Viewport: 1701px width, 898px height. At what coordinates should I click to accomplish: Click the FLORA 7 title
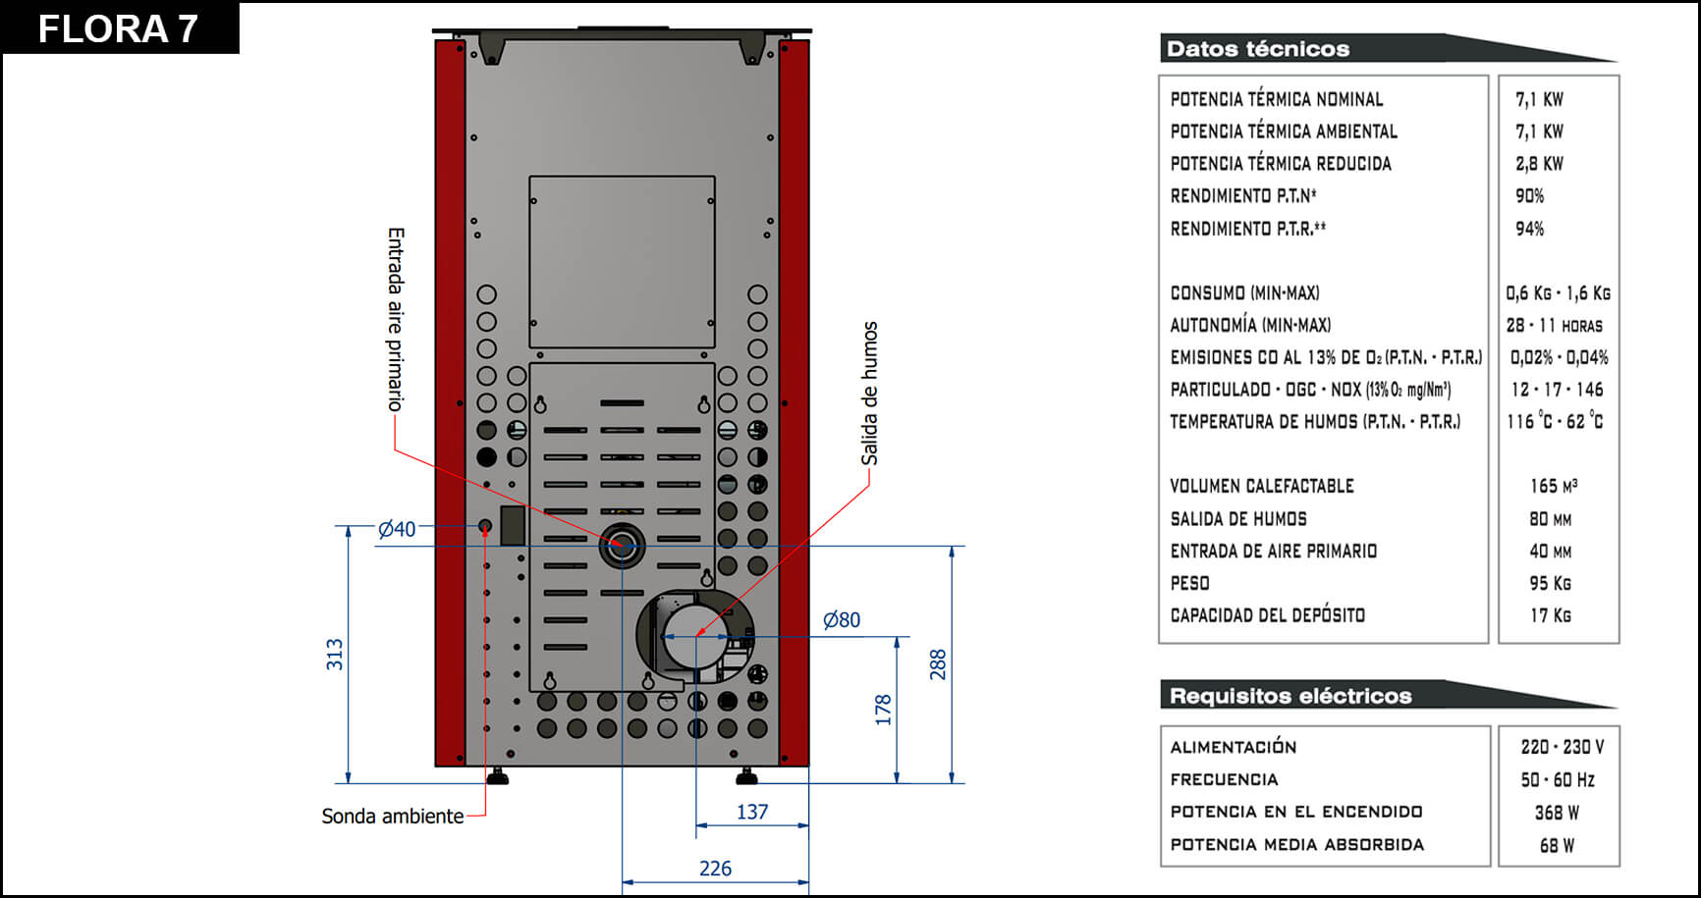pyautogui.click(x=118, y=28)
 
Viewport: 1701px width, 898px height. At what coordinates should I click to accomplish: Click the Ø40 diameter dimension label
pyautogui.click(x=397, y=529)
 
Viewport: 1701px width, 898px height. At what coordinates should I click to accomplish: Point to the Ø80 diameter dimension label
pyautogui.click(x=841, y=620)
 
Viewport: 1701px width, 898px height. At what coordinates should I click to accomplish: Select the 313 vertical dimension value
pyautogui.click(x=335, y=655)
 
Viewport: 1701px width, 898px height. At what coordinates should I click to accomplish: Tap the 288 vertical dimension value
pyautogui.click(x=938, y=664)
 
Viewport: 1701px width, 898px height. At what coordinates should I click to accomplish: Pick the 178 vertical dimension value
pyautogui.click(x=883, y=710)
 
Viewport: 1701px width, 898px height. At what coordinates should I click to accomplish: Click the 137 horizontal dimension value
pyautogui.click(x=752, y=812)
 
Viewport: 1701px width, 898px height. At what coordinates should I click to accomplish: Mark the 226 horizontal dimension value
pyautogui.click(x=715, y=869)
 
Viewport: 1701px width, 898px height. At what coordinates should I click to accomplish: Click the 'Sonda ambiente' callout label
pyautogui.click(x=392, y=817)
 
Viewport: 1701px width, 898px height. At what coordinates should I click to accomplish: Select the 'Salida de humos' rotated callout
pyautogui.click(x=869, y=393)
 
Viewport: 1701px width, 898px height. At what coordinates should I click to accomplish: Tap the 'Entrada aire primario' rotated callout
pyautogui.click(x=395, y=319)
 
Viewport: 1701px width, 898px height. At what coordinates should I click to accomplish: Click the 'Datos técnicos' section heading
pyautogui.click(x=1258, y=49)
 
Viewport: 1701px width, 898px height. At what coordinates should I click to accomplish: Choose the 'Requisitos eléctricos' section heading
pyautogui.click(x=1290, y=696)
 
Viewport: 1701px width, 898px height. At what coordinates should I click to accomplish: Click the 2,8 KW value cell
pyautogui.click(x=1539, y=164)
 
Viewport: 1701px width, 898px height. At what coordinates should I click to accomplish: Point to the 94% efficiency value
pyautogui.click(x=1529, y=229)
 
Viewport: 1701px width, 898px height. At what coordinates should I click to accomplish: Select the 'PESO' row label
pyautogui.click(x=1189, y=583)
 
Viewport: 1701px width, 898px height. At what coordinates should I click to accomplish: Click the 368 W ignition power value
pyautogui.click(x=1557, y=813)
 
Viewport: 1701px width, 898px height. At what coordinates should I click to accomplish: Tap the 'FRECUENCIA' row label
pyautogui.click(x=1224, y=779)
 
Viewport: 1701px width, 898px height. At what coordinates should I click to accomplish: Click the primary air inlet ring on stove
pyautogui.click(x=622, y=546)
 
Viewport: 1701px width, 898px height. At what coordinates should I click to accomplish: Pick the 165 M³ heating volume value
pyautogui.click(x=1553, y=486)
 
